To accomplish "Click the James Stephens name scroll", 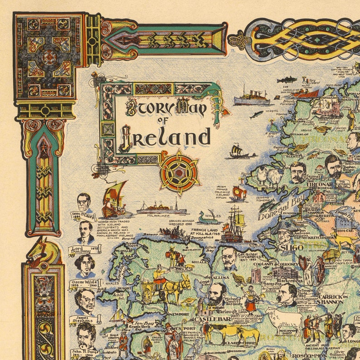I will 85,320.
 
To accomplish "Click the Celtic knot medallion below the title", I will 180,172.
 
